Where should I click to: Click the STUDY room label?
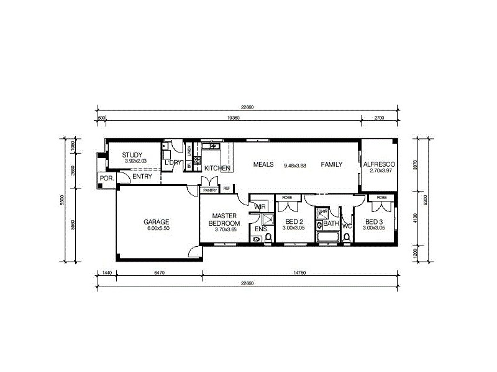tap(132, 155)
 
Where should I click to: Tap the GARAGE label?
tap(157, 221)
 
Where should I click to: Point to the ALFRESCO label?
tap(379, 164)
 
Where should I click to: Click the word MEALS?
tap(263, 165)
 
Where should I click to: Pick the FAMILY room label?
tap(332, 165)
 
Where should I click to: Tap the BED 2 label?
tap(293, 221)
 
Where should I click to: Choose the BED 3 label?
tap(374, 221)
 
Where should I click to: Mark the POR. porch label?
tap(105, 179)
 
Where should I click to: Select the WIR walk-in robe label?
tap(260, 206)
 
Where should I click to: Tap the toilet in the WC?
tap(347, 236)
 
